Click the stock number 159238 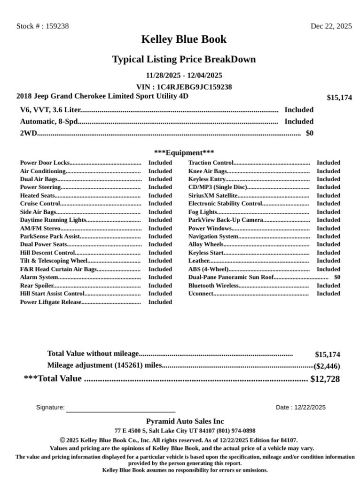[x=57, y=26]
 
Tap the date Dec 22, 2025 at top [x=331, y=26]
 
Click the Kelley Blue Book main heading [x=184, y=39]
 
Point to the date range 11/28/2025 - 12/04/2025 [x=184, y=75]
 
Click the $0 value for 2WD [x=309, y=133]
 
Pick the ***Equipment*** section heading [x=184, y=153]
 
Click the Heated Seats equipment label [x=37, y=195]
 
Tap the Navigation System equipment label [x=213, y=236]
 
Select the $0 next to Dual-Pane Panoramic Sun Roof [x=337, y=277]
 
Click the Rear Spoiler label [x=37, y=286]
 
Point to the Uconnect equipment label [x=201, y=294]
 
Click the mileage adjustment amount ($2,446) [x=327, y=366]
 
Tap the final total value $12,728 [x=325, y=379]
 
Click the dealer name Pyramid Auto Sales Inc [x=185, y=421]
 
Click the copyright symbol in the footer [x=62, y=440]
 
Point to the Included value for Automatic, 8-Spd [x=298, y=122]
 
